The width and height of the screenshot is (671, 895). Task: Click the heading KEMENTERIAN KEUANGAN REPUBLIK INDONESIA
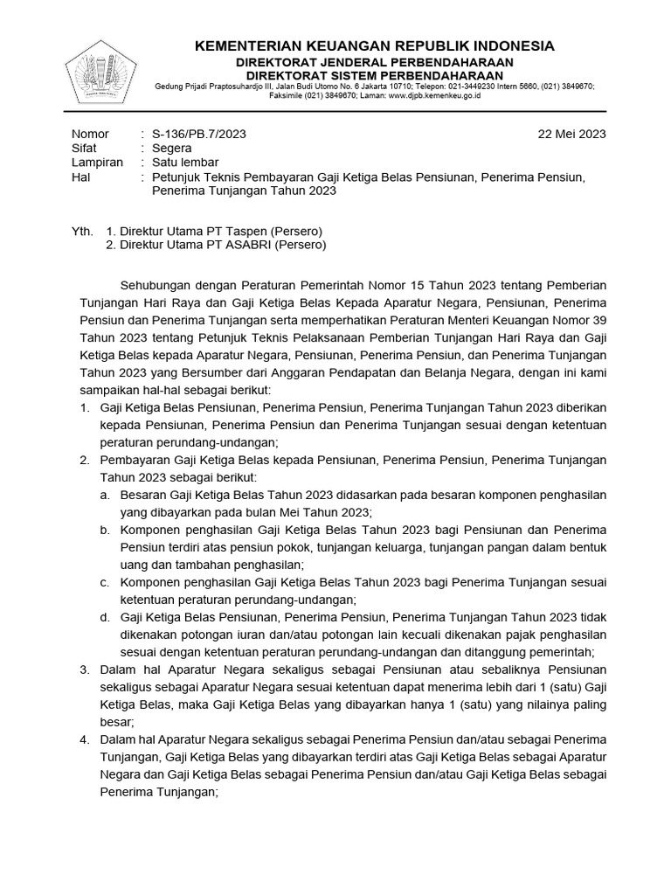tap(374, 45)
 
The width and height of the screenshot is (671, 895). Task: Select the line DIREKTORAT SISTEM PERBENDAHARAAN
tap(374, 75)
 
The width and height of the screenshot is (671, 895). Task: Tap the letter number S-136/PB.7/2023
tap(199, 134)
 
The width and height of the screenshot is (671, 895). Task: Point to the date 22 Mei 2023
tap(573, 134)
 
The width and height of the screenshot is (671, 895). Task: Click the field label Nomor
tap(89, 134)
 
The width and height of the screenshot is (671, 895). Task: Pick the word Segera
tap(172, 149)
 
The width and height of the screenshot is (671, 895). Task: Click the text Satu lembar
tap(185, 163)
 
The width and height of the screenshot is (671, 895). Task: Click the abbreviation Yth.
tap(80, 231)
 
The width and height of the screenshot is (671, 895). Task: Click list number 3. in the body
tap(85, 670)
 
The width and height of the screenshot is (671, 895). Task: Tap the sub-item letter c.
tap(103, 581)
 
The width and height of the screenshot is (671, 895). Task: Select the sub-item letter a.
tap(103, 494)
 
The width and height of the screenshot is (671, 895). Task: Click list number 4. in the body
tap(85, 739)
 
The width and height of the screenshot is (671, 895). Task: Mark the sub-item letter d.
tap(103, 616)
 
